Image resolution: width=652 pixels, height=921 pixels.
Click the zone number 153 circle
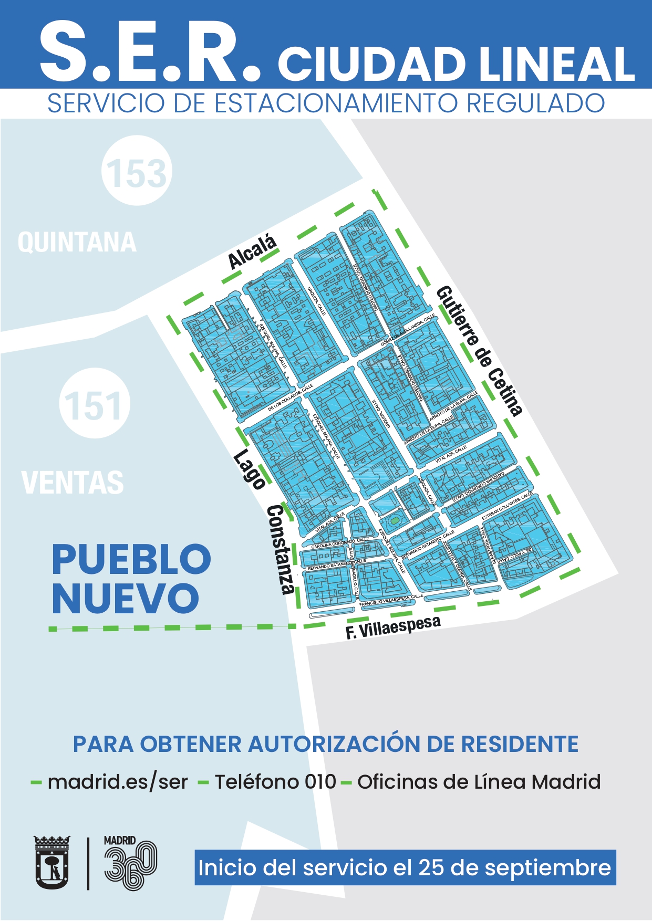[137, 171]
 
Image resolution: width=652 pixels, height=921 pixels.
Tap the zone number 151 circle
[95, 404]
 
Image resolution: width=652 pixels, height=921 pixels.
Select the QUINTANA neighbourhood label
[77, 243]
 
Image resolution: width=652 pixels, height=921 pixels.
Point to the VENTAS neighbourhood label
[73, 483]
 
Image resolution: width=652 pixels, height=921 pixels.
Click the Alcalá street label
[252, 252]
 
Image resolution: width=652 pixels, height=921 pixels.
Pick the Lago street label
[249, 469]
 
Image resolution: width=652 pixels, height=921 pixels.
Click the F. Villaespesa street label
[393, 627]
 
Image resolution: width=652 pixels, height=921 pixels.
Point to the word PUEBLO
[131, 560]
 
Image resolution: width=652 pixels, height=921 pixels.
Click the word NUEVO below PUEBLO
[126, 598]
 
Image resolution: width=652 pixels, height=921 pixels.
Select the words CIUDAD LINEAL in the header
[456, 65]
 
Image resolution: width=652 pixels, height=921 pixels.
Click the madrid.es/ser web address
[118, 782]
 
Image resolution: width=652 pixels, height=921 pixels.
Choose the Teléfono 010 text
[275, 782]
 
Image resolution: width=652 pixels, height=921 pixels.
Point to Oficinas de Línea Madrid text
[479, 782]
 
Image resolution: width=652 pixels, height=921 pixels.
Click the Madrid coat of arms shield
[52, 862]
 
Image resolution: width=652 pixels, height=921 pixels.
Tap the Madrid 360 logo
[129, 863]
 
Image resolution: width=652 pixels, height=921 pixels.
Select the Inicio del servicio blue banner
[405, 867]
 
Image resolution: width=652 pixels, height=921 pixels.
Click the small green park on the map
[394, 521]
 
